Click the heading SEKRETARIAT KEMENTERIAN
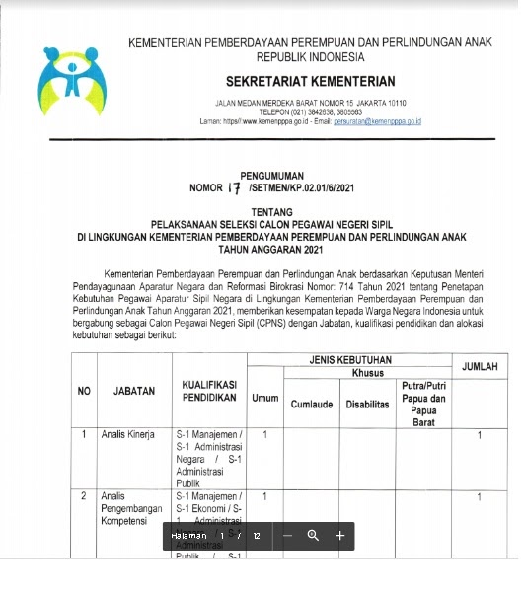[x=310, y=81]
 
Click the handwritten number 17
[x=234, y=185]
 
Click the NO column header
[x=85, y=391]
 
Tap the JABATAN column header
[x=134, y=391]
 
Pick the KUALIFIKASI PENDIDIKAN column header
[x=208, y=391]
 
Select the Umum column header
[x=265, y=398]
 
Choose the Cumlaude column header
[x=311, y=405]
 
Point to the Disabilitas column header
[x=367, y=405]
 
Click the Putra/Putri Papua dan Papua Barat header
[x=423, y=404]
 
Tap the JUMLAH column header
[x=480, y=367]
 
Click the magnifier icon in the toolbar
[x=313, y=535]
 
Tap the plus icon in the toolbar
[x=339, y=535]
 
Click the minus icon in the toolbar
[x=286, y=535]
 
